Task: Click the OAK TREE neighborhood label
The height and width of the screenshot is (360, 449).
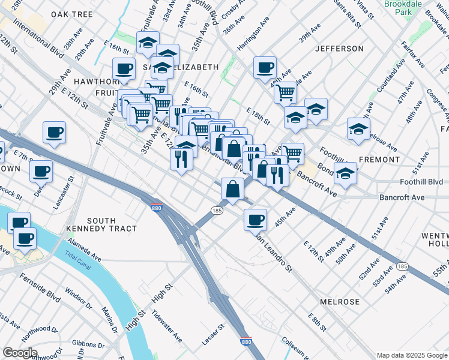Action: point(71,14)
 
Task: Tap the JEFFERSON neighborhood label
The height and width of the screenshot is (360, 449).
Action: point(339,48)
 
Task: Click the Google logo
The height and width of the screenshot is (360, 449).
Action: point(19,353)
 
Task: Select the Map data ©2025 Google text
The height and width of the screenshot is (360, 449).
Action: point(411,355)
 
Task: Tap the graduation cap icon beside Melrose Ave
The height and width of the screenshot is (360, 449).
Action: point(358,130)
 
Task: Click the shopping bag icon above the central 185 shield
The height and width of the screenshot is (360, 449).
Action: point(232,188)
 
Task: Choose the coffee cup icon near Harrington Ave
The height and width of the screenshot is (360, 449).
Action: point(264,67)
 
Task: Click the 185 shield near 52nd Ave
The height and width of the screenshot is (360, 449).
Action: point(402,266)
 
